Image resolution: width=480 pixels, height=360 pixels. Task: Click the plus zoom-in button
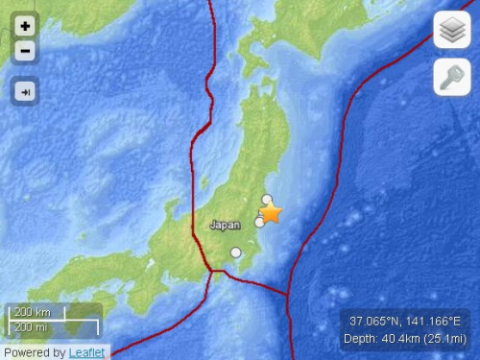tap(25, 26)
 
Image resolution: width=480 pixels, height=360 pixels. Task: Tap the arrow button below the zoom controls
tap(25, 90)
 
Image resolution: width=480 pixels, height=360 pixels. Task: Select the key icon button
tap(450, 77)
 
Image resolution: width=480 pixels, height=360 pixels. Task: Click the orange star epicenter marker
tap(272, 213)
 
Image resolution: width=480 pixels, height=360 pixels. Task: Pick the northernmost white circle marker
tap(267, 200)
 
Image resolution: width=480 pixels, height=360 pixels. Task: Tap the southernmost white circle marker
tap(236, 252)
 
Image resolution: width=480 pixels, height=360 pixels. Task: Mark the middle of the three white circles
tap(259, 222)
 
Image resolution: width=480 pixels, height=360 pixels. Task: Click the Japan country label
tap(225, 226)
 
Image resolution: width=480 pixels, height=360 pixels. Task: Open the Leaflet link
tap(88, 352)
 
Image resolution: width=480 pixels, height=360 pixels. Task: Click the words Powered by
tap(35, 352)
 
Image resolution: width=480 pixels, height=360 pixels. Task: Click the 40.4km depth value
tap(401, 339)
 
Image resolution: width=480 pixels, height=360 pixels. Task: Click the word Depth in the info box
tap(360, 339)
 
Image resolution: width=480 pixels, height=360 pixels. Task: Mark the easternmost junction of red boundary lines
tap(288, 292)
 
